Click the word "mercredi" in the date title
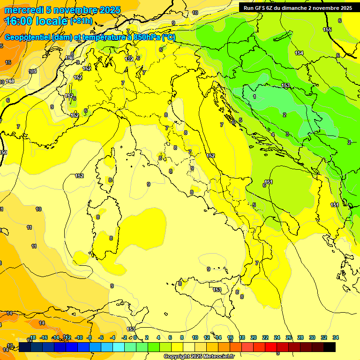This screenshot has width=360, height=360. point(24,10)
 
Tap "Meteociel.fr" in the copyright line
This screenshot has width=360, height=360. point(216,356)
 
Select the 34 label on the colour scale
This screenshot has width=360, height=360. point(336,337)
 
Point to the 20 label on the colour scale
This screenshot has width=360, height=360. point(254,337)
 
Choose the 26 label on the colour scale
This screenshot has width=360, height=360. point(289,337)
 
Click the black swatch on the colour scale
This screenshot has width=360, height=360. point(330,347)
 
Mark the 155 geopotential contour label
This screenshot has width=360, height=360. point(327,30)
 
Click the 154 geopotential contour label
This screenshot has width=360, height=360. point(299,53)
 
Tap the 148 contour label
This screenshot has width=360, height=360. point(10,81)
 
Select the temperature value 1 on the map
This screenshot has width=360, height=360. point(255,97)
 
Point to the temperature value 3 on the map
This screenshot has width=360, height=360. point(287,134)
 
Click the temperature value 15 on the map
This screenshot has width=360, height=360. point(8,62)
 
